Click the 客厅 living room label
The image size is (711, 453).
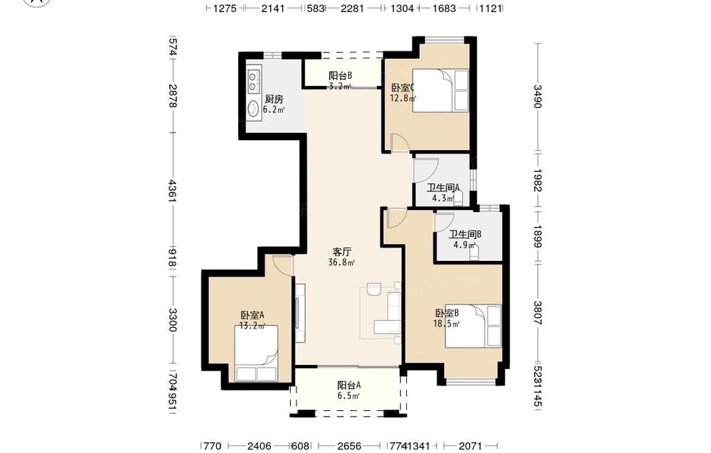(x=342, y=252)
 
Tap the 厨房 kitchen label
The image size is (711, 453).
(x=274, y=100)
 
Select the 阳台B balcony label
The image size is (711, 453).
(x=340, y=75)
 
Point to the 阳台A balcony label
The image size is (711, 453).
(x=348, y=385)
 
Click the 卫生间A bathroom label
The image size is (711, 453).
(x=444, y=188)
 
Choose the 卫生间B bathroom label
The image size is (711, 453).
(x=465, y=235)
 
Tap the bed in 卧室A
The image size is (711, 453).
(x=256, y=353)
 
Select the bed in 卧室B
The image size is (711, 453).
(x=473, y=326)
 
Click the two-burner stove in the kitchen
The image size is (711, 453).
(x=253, y=80)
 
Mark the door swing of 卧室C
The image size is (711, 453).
(x=401, y=142)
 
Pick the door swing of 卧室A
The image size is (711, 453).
(x=283, y=265)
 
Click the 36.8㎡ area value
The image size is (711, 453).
(x=342, y=262)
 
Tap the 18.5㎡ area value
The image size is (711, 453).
(x=447, y=324)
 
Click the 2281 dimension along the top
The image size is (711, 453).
(x=353, y=8)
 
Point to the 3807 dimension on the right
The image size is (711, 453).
(x=538, y=314)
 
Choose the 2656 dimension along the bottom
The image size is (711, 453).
(x=349, y=446)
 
